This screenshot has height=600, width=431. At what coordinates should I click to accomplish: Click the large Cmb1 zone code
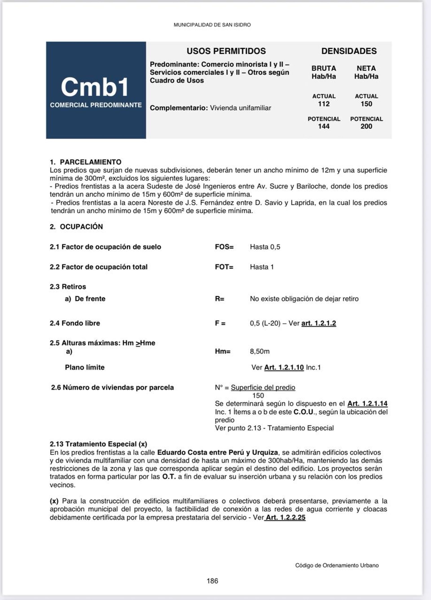[x=95, y=87]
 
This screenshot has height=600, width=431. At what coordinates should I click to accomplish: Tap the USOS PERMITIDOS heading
[x=226, y=51]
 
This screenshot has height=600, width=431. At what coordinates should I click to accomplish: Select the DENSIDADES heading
[x=349, y=51]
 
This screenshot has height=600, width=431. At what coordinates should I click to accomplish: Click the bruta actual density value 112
[x=324, y=104]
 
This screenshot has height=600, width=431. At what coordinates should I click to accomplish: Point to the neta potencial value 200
[x=366, y=126]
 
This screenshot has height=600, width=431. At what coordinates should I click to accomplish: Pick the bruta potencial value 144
[x=324, y=126]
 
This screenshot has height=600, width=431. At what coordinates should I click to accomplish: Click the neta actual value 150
[x=366, y=104]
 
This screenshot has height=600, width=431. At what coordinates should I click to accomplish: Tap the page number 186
[x=212, y=581]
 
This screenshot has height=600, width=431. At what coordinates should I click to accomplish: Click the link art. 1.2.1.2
[x=319, y=323]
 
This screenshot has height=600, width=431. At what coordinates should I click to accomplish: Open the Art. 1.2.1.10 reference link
[x=284, y=367]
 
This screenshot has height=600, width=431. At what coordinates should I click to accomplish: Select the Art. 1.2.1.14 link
[x=367, y=403]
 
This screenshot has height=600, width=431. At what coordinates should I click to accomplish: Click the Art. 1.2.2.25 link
[x=286, y=517]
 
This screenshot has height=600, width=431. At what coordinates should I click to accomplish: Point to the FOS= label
[x=224, y=247]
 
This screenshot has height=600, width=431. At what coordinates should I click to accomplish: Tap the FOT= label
[x=224, y=267]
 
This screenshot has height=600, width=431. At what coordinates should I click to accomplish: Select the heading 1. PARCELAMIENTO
[x=86, y=162]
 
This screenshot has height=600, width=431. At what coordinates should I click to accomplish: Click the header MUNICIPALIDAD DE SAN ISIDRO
[x=212, y=25]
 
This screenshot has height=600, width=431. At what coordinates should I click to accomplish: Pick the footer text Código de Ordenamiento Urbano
[x=337, y=565]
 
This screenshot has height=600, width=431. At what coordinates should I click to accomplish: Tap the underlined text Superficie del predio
[x=263, y=388]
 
